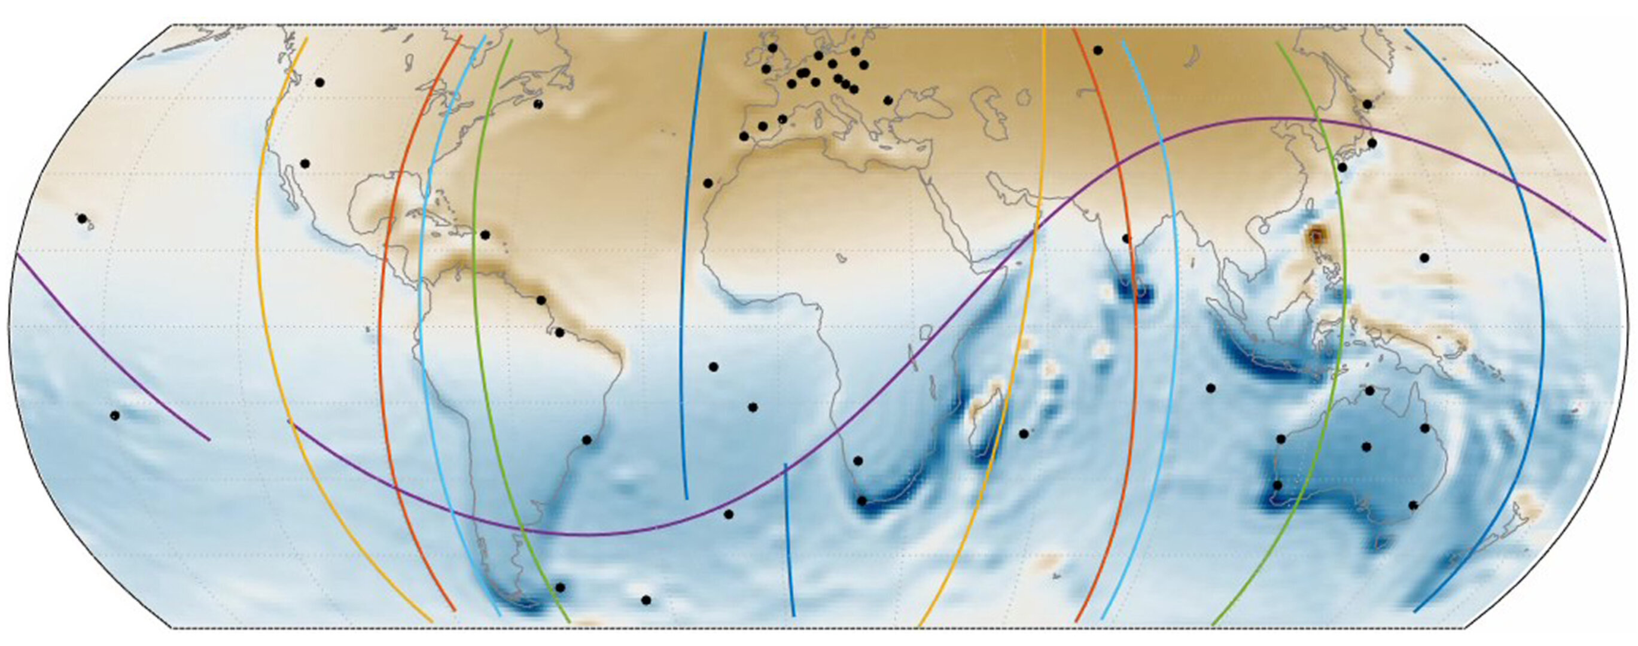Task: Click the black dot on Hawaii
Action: point(82,219)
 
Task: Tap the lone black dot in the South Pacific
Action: point(115,416)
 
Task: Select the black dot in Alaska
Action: point(320,83)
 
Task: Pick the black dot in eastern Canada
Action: point(538,104)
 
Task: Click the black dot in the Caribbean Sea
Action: point(485,235)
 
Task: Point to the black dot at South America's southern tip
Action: point(559,587)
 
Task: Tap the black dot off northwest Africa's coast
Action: point(708,183)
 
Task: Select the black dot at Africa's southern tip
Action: point(862,501)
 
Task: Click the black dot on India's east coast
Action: point(1126,239)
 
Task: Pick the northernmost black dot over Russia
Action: point(1098,50)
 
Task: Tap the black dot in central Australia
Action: point(1366,447)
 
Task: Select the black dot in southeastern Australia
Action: point(1414,505)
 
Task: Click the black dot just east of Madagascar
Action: point(1024,434)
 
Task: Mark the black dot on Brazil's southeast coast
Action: point(587,440)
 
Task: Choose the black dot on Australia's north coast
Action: point(1369,391)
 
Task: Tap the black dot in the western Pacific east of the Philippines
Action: point(1424,258)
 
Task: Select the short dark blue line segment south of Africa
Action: point(789,541)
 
